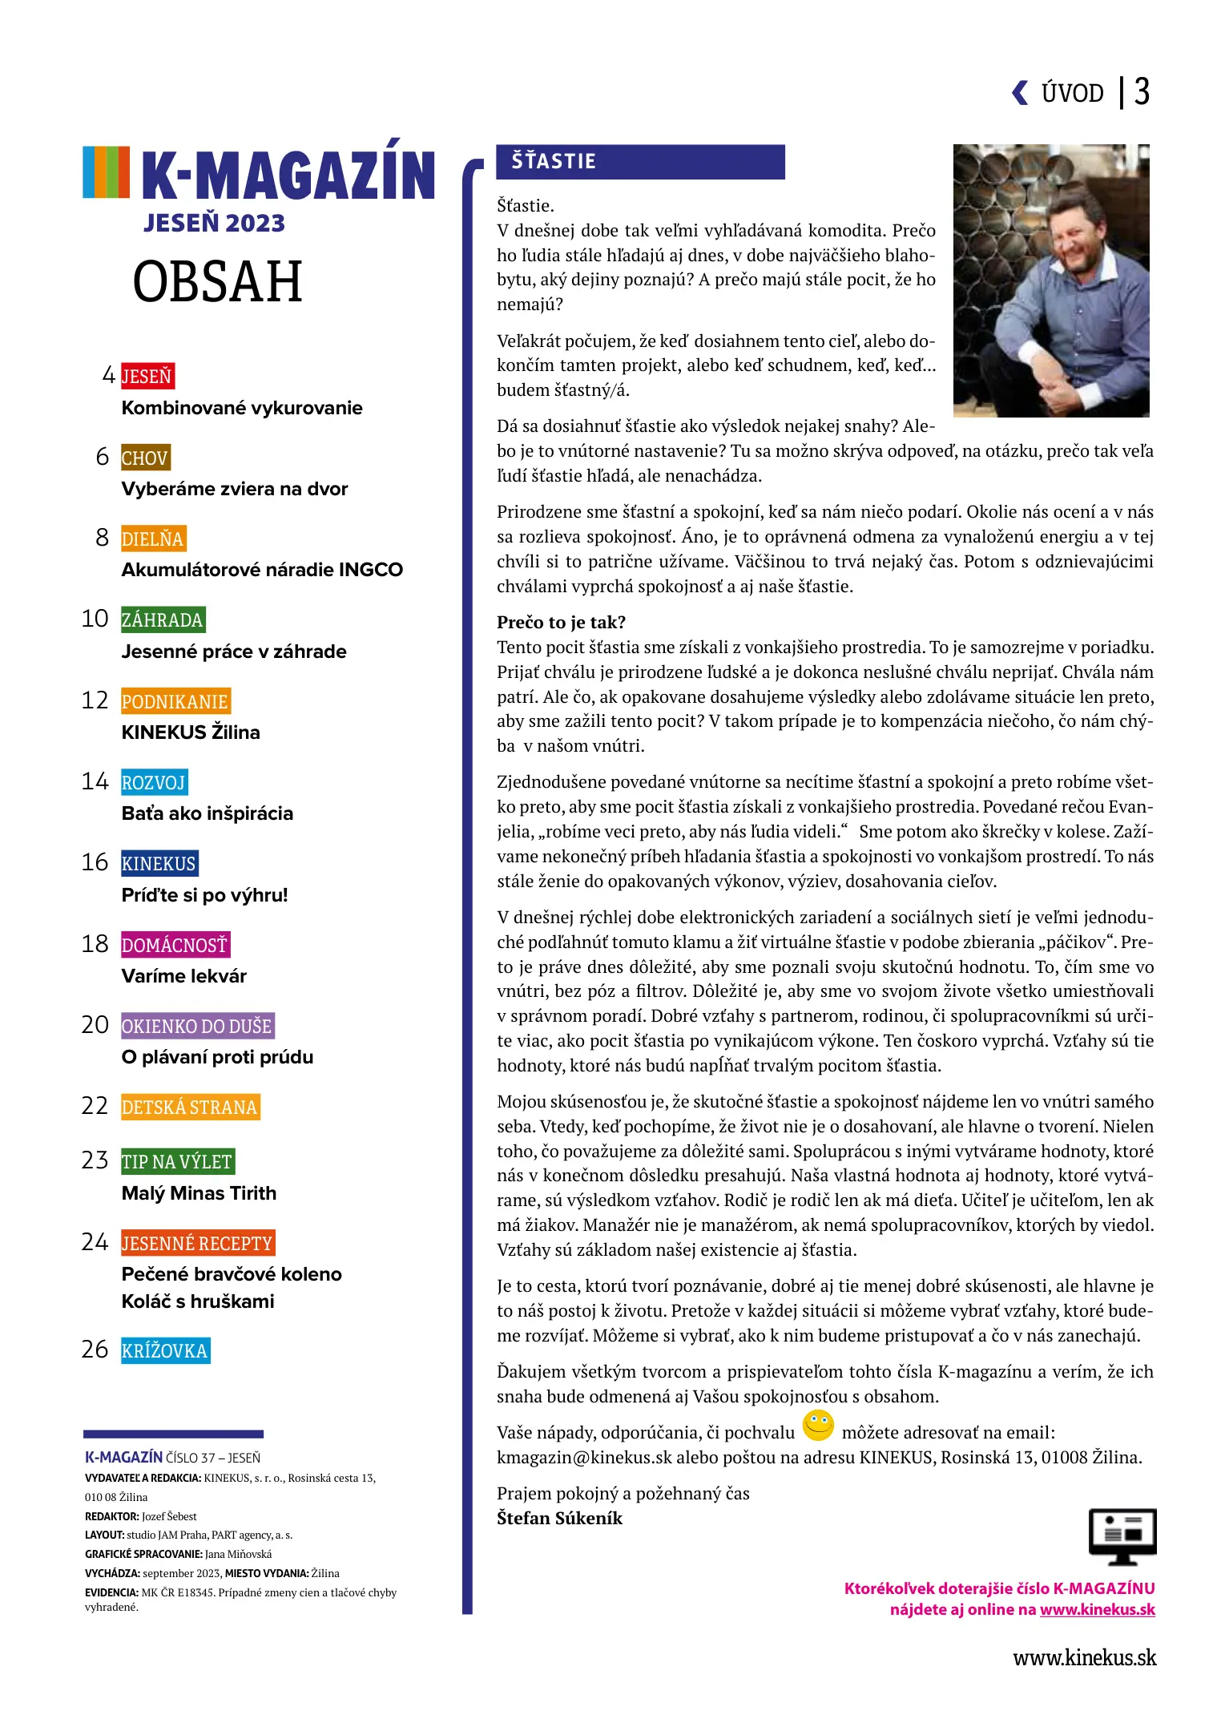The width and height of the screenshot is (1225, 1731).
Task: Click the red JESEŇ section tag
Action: (147, 376)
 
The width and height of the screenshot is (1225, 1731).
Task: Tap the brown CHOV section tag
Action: (145, 458)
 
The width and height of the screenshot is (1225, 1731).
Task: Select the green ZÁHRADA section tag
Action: (163, 619)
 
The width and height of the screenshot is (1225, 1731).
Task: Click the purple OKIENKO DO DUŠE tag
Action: (197, 1026)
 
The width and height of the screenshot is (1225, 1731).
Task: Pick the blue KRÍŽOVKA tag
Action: (165, 1350)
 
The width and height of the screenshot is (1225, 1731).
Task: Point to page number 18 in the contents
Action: (95, 944)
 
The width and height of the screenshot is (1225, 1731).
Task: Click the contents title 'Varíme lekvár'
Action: (184, 976)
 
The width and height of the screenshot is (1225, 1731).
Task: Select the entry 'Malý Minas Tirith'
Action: (199, 1193)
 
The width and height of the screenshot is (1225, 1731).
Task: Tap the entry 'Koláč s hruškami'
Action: (198, 1301)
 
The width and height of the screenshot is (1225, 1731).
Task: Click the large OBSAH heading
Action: (217, 282)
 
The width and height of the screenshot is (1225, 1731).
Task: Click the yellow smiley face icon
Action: (818, 1426)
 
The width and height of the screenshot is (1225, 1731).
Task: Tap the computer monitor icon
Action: (1122, 1535)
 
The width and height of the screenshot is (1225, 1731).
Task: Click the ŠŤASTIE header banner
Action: (639, 162)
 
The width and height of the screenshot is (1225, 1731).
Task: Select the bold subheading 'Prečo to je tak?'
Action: (561, 623)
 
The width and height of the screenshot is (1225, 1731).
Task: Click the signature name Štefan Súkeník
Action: (559, 1518)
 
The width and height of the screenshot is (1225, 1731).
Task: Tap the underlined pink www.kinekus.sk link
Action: (1097, 1609)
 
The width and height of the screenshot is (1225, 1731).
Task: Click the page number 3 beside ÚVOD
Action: (1142, 92)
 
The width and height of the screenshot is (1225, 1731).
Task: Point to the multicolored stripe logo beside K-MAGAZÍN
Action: (106, 171)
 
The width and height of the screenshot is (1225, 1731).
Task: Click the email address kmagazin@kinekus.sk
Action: (584, 1457)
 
